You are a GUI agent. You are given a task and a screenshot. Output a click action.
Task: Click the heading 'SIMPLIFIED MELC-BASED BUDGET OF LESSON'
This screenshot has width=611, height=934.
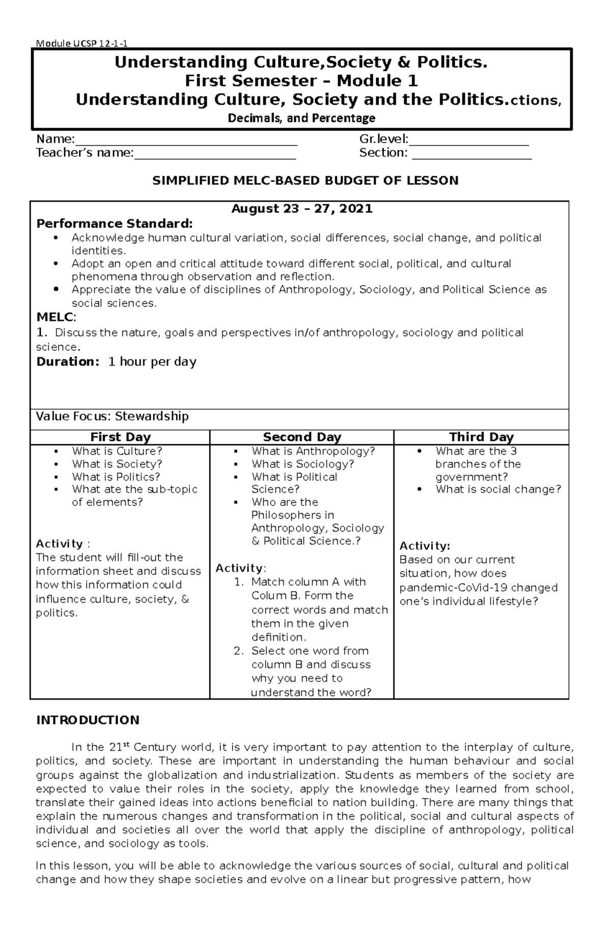[305, 181]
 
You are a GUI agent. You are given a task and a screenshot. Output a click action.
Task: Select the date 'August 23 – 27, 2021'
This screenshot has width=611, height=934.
[302, 209]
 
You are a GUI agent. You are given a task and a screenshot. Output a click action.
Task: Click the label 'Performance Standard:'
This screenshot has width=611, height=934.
[115, 224]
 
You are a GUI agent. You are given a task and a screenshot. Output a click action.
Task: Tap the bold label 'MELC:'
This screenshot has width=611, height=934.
[56, 318]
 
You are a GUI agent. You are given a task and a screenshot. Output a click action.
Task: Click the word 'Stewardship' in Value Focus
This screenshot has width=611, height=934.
[152, 416]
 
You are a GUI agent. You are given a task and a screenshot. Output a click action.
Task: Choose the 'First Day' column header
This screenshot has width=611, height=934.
[120, 437]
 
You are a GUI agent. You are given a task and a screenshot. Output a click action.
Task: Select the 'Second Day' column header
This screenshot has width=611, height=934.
[302, 437]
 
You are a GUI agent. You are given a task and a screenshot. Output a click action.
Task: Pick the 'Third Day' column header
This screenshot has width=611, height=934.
[481, 437]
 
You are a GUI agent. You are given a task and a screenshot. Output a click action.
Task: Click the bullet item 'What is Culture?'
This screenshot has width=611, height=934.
[117, 451]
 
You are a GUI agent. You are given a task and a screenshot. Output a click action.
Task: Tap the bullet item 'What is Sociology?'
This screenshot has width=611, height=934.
[302, 464]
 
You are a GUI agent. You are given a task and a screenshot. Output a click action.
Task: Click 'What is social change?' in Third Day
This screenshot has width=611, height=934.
[498, 490]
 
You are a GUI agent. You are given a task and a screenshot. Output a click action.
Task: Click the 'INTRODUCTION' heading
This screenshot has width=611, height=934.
[88, 720]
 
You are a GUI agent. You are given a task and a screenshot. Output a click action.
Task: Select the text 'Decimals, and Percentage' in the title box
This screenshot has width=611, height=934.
[301, 118]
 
